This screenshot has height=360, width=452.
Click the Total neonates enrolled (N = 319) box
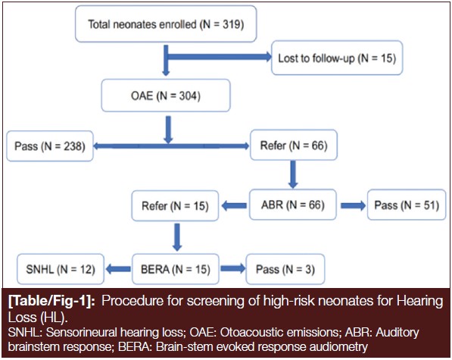pos(166,24)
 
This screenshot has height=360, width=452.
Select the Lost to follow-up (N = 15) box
pos(337,58)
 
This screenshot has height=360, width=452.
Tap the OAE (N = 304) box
pos(166,95)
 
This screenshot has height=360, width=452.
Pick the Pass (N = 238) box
pos(50,146)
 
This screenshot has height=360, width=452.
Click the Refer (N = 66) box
pos(294,145)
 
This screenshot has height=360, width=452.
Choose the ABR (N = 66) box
pos(293,205)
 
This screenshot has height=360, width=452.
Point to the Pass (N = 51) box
pos(407,205)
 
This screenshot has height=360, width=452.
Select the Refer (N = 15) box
pos(175,205)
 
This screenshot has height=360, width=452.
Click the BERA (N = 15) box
pos(176,269)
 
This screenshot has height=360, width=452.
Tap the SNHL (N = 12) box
pos(61,269)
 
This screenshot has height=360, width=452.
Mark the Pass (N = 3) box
pos(285,269)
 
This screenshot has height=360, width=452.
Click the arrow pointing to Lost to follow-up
pos(220,57)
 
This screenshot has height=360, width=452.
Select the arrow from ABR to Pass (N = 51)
pos(353,205)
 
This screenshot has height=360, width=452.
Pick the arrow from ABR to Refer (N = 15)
pos(234,206)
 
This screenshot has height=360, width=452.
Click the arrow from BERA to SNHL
pos(118,269)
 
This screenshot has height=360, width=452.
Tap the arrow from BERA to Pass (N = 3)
pos(233,269)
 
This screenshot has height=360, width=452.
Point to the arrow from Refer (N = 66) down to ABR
pos(293,174)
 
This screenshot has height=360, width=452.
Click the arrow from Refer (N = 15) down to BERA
pos(177,237)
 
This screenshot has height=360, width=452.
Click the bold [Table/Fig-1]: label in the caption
pos(51,301)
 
